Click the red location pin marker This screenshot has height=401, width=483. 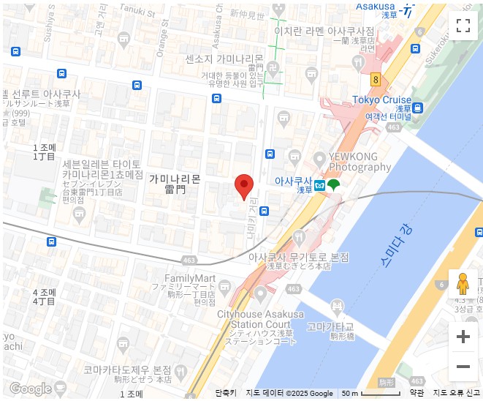[244, 187]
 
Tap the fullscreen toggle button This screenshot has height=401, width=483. [463, 26]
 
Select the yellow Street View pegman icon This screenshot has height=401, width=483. [463, 284]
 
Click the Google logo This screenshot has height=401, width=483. [30, 389]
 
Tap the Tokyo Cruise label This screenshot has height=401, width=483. [381, 100]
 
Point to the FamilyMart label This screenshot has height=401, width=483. [190, 279]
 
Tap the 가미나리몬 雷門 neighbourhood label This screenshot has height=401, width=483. [175, 184]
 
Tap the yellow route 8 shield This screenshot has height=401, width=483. [376, 79]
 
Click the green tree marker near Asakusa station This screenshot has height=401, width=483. [333, 184]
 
